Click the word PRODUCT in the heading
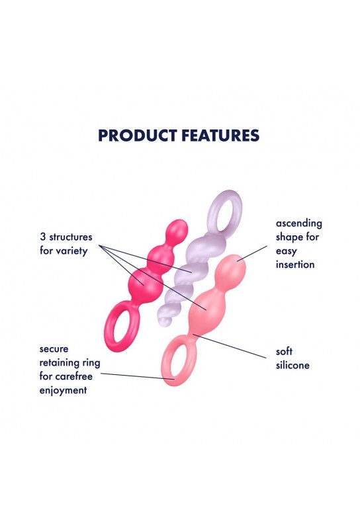[x=138, y=136]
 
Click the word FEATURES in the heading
[x=220, y=136]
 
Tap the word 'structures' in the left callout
[x=71, y=237]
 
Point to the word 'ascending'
[x=299, y=224]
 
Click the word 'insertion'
[x=295, y=264]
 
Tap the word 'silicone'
[x=292, y=366]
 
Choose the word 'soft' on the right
[x=284, y=352]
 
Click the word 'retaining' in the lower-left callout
[x=60, y=363]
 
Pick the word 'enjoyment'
[x=63, y=390]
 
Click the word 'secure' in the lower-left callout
[x=54, y=349]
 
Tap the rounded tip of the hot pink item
[x=178, y=225]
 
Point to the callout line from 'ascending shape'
[x=252, y=253]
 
